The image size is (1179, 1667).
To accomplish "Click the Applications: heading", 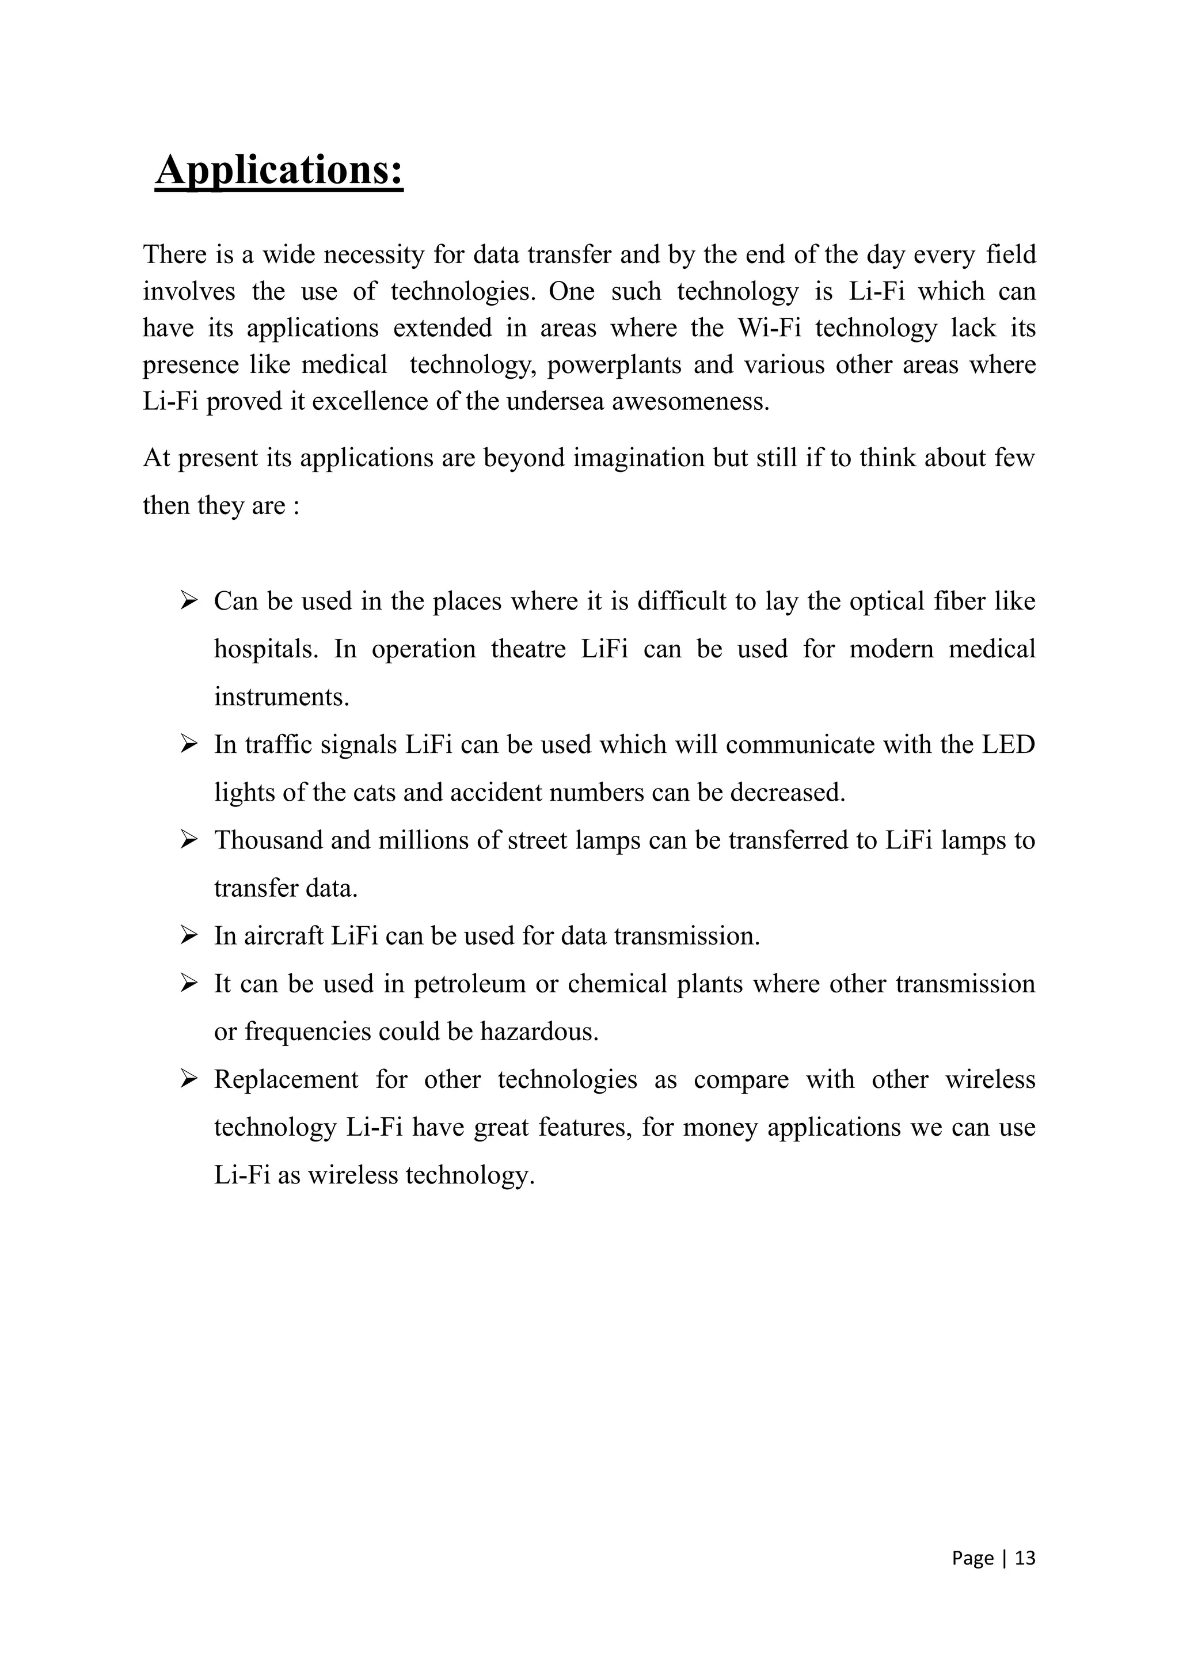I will (279, 170).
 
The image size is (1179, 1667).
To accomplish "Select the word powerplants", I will (614, 364).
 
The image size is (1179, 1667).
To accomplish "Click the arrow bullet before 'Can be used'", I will (189, 600).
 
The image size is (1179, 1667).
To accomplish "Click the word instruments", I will (282, 697).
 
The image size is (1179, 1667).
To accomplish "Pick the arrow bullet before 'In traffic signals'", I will (189, 744).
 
